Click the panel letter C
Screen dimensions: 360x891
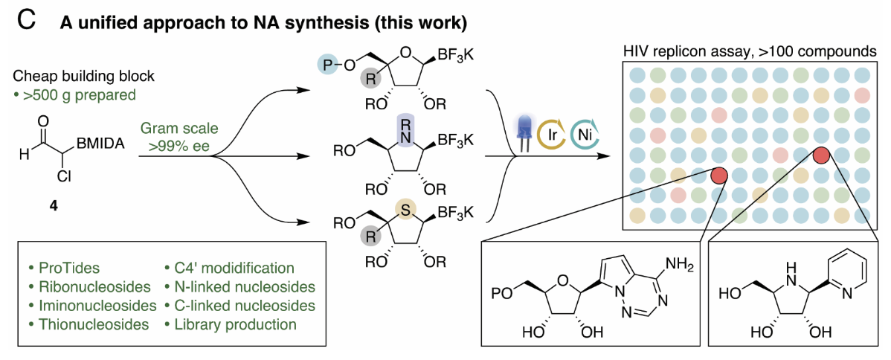25,20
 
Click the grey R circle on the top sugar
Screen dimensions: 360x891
368,77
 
